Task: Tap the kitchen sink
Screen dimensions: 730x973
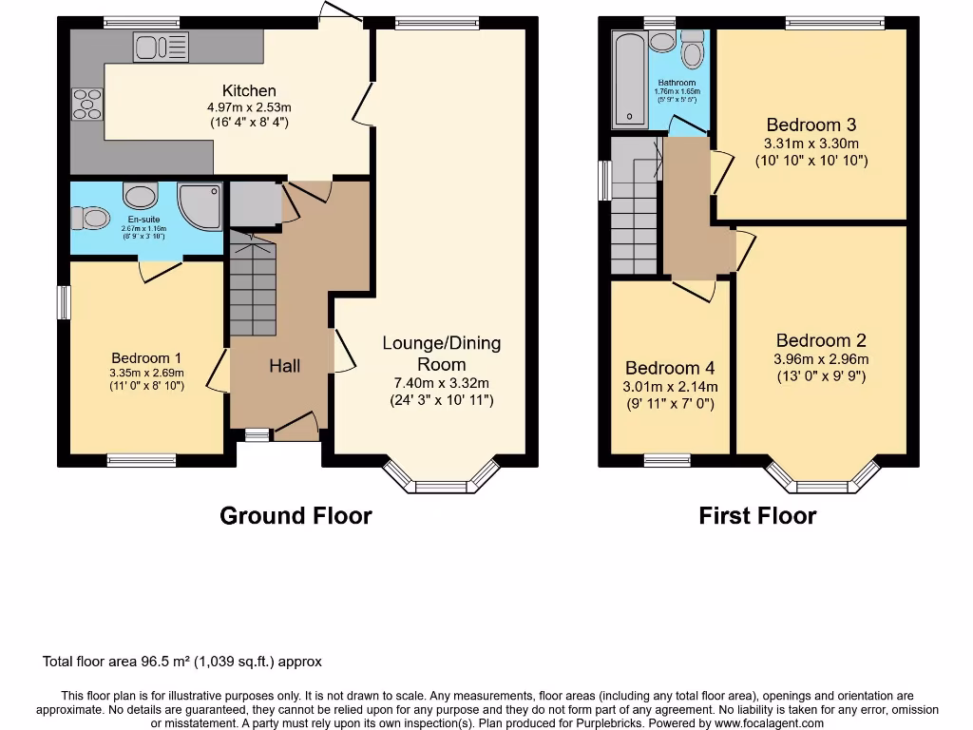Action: pos(162,47)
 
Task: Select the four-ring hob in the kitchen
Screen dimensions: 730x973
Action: pos(86,104)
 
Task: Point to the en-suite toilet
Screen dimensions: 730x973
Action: pos(96,218)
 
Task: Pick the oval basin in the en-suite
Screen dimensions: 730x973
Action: pos(141,197)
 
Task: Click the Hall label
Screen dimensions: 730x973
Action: pos(284,365)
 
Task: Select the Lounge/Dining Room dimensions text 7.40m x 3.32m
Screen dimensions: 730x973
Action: pos(442,383)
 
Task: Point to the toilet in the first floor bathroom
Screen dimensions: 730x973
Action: pos(692,51)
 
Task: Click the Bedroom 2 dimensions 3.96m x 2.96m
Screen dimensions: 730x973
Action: pos(821,359)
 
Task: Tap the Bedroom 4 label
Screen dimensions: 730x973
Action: pos(669,368)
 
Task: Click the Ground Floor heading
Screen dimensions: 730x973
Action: pos(296,516)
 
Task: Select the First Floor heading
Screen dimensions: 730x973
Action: pos(757,516)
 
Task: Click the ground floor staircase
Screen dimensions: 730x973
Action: pos(252,285)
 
